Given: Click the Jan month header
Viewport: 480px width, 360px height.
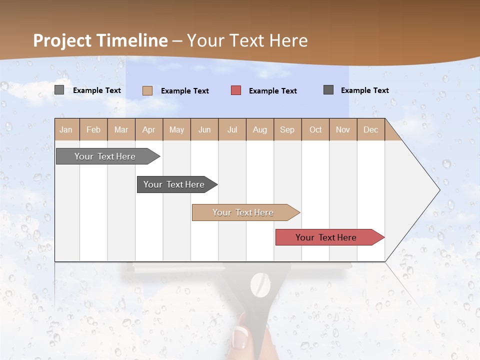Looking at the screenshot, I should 66,129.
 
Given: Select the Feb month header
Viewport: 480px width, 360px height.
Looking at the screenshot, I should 93,129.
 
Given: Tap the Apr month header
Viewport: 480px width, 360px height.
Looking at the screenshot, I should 148,129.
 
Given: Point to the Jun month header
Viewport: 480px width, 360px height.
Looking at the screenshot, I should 204,129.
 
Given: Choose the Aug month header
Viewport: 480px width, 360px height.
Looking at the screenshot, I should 259,129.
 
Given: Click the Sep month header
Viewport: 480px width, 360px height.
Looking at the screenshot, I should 287,129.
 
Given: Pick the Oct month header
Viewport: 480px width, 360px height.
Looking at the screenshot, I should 315,129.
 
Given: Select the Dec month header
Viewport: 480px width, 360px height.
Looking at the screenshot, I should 370,129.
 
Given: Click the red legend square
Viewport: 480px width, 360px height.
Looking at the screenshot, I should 236,90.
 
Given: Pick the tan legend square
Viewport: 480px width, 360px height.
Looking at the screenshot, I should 147,90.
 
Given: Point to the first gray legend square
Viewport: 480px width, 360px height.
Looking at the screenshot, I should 59,90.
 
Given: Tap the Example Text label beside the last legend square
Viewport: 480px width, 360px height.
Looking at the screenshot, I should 364,90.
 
